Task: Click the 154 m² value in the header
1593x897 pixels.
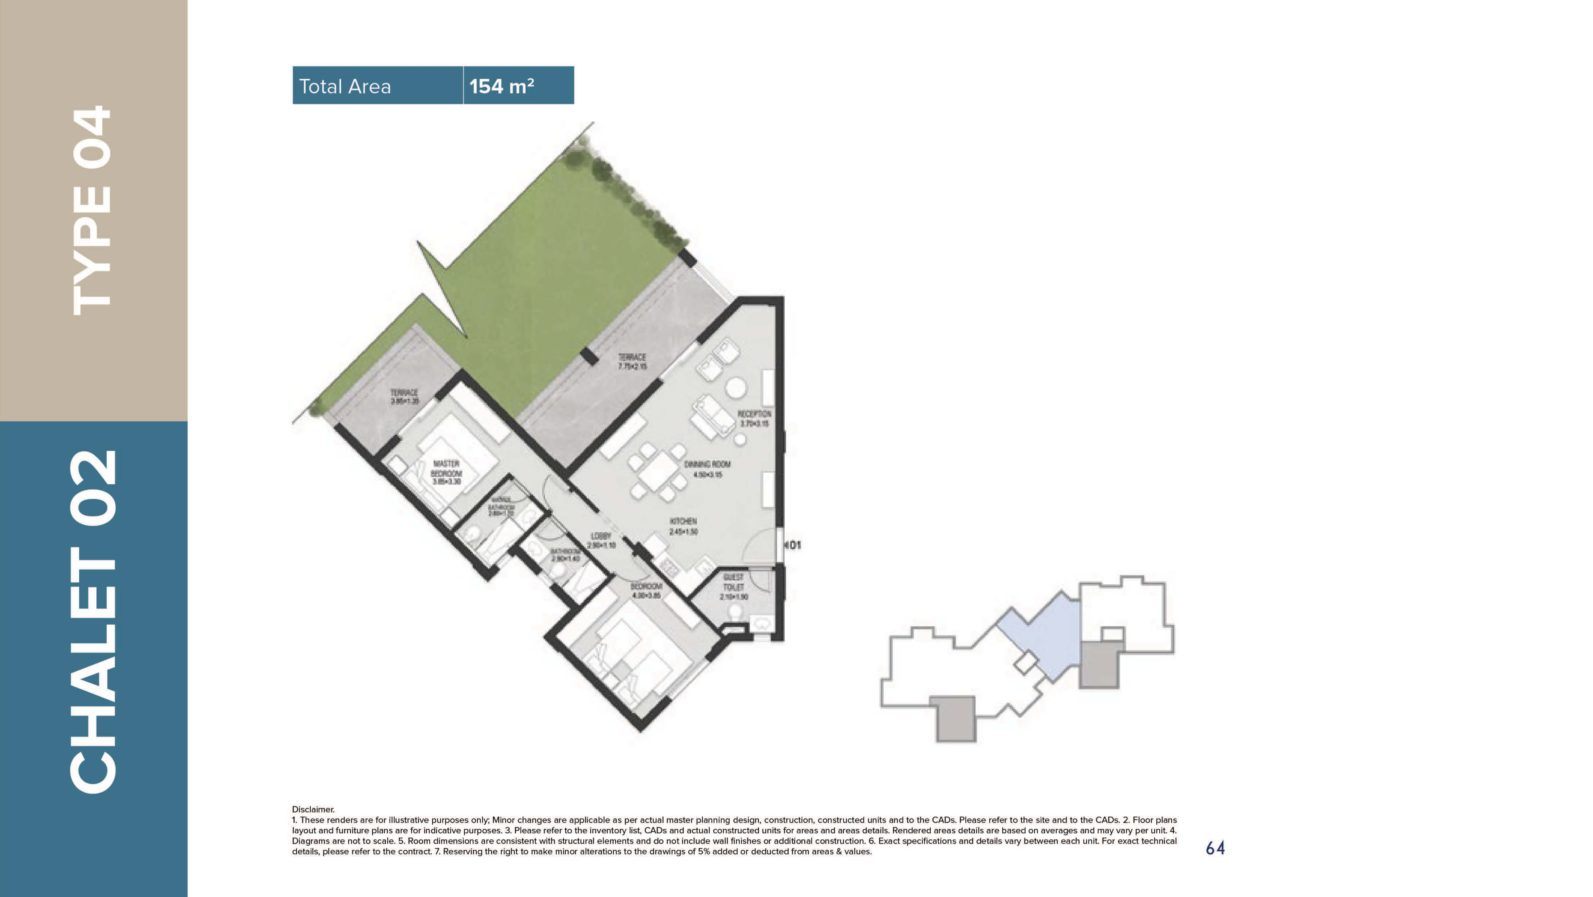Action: click(501, 86)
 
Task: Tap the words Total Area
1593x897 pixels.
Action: click(344, 86)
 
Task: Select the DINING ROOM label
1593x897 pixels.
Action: click(707, 469)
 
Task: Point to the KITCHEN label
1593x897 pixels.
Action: click(683, 526)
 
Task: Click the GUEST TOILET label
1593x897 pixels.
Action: click(734, 586)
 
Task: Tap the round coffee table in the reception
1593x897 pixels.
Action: click(735, 387)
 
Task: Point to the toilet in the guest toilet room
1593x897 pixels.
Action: click(735, 613)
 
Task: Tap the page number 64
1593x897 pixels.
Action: click(1215, 848)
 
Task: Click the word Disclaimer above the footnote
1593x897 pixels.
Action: click(313, 809)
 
